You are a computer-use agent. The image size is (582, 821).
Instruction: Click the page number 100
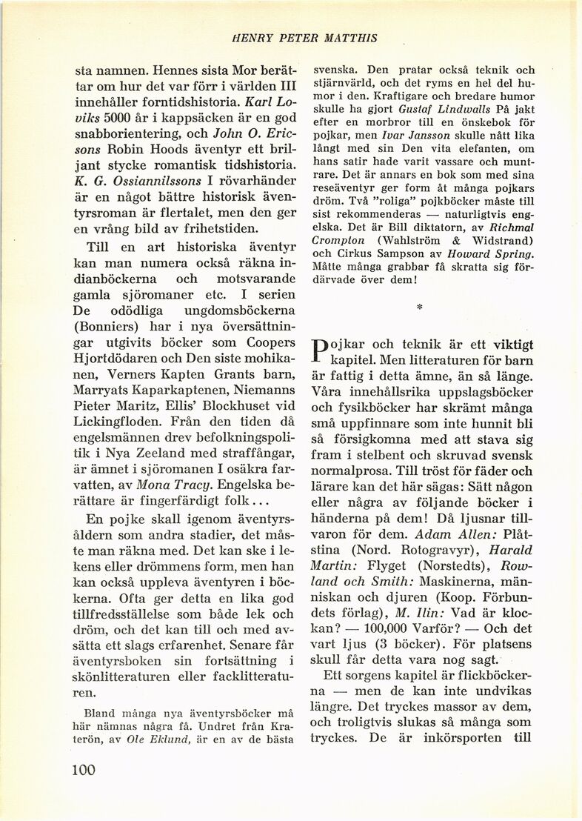coord(85,770)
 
